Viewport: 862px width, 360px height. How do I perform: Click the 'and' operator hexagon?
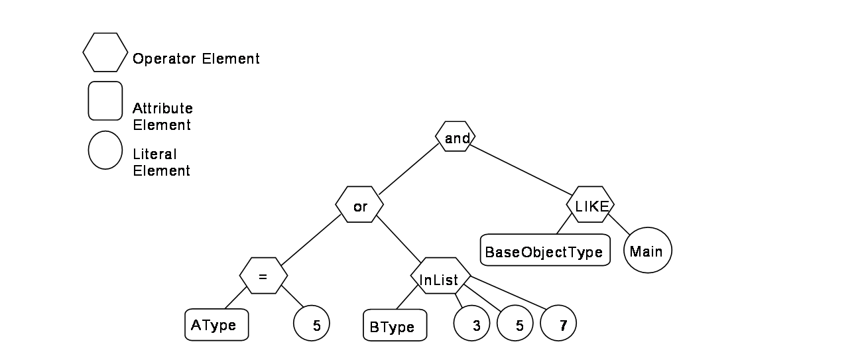coord(456,137)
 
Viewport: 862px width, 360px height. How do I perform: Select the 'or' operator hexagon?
coord(359,205)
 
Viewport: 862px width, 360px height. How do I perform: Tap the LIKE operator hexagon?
coord(590,205)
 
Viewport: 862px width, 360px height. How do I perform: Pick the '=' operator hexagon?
coord(264,276)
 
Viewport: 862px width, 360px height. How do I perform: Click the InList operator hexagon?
coord(440,276)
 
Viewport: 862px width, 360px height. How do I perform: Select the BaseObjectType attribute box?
coord(545,250)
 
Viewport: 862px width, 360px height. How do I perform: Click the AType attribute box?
coord(217,325)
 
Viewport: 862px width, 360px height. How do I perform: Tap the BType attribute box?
coord(395,325)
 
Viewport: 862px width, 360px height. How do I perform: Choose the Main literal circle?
coord(648,251)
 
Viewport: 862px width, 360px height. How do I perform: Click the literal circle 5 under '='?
coord(312,323)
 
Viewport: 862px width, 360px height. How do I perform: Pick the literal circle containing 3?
coord(472,323)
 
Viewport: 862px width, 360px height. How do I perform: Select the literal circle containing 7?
coord(558,323)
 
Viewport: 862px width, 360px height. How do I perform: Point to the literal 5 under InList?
coord(515,323)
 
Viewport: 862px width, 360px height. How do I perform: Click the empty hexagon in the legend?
coord(105,52)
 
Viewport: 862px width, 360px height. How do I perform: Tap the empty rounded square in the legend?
coord(105,101)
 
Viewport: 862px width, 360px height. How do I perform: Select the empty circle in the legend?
coord(105,150)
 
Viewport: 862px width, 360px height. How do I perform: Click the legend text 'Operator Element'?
coord(196,59)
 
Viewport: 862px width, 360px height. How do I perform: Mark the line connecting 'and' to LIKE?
coord(521,170)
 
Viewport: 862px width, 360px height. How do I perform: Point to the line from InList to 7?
coord(508,292)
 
